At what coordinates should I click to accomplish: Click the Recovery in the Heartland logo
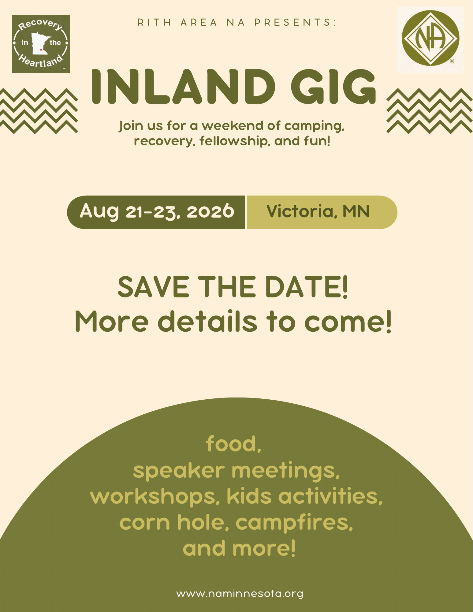tap(41, 44)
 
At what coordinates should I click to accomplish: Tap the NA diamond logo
tap(430, 38)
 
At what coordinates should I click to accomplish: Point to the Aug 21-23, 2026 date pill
tap(156, 212)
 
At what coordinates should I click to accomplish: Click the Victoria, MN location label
tap(318, 211)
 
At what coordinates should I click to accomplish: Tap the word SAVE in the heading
tap(153, 287)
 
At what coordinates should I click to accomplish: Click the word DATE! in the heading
tap(306, 287)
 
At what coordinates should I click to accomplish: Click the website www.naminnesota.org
tap(240, 593)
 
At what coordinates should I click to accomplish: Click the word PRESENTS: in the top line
tap(295, 22)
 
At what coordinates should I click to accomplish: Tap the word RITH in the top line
tap(154, 22)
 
